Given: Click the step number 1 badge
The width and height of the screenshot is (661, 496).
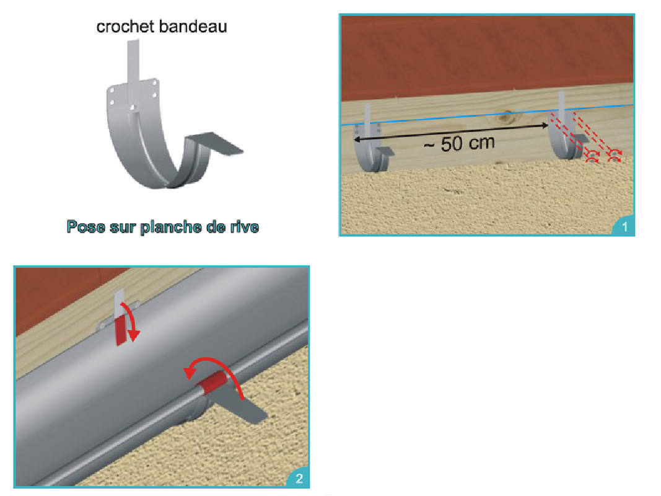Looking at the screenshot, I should click(x=624, y=227).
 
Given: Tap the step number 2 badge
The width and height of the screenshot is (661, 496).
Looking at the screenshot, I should click(x=299, y=478).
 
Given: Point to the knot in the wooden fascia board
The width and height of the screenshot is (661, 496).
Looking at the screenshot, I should click(x=506, y=116).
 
